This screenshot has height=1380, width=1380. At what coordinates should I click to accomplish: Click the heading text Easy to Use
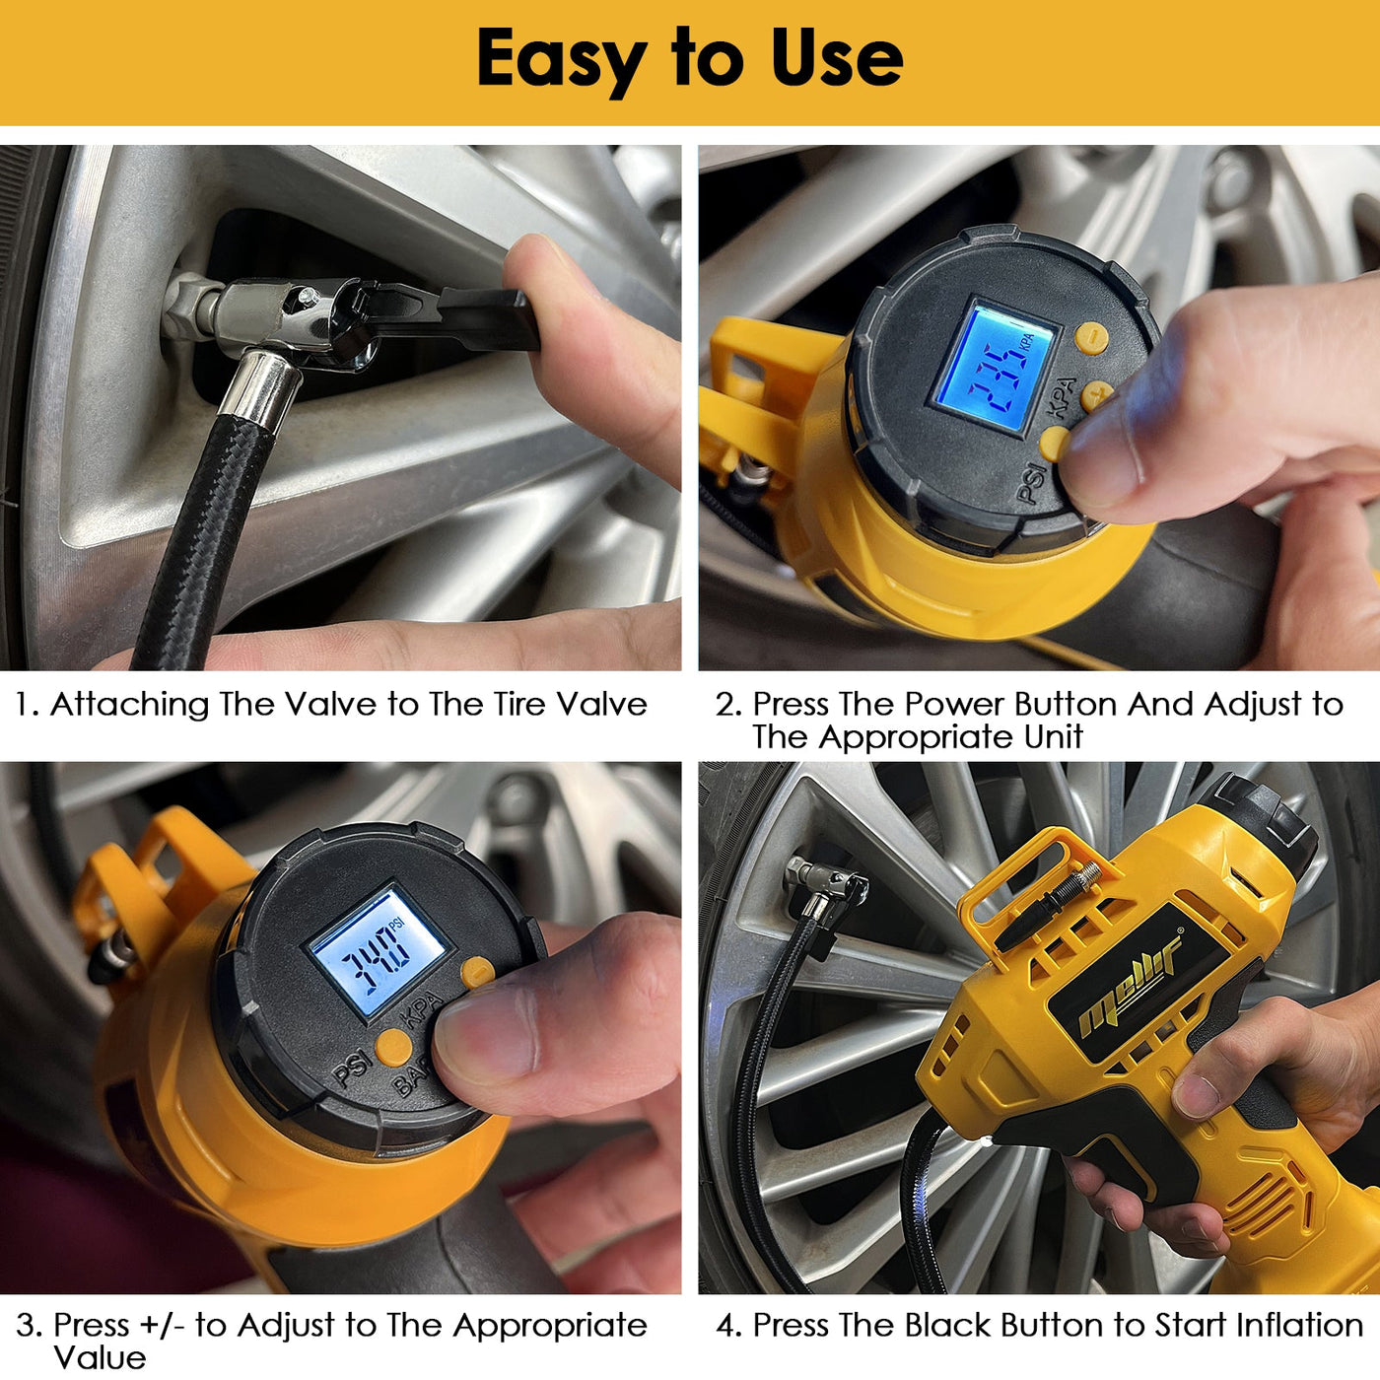(x=689, y=58)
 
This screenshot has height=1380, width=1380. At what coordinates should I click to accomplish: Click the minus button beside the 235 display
(x=1091, y=337)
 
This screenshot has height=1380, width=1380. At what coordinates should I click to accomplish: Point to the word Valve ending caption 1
(x=601, y=704)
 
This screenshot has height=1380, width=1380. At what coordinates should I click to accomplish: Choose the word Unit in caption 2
(x=1053, y=736)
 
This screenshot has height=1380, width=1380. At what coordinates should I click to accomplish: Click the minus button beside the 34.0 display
(x=477, y=972)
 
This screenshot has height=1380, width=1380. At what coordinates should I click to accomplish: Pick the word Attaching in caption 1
(x=129, y=704)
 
